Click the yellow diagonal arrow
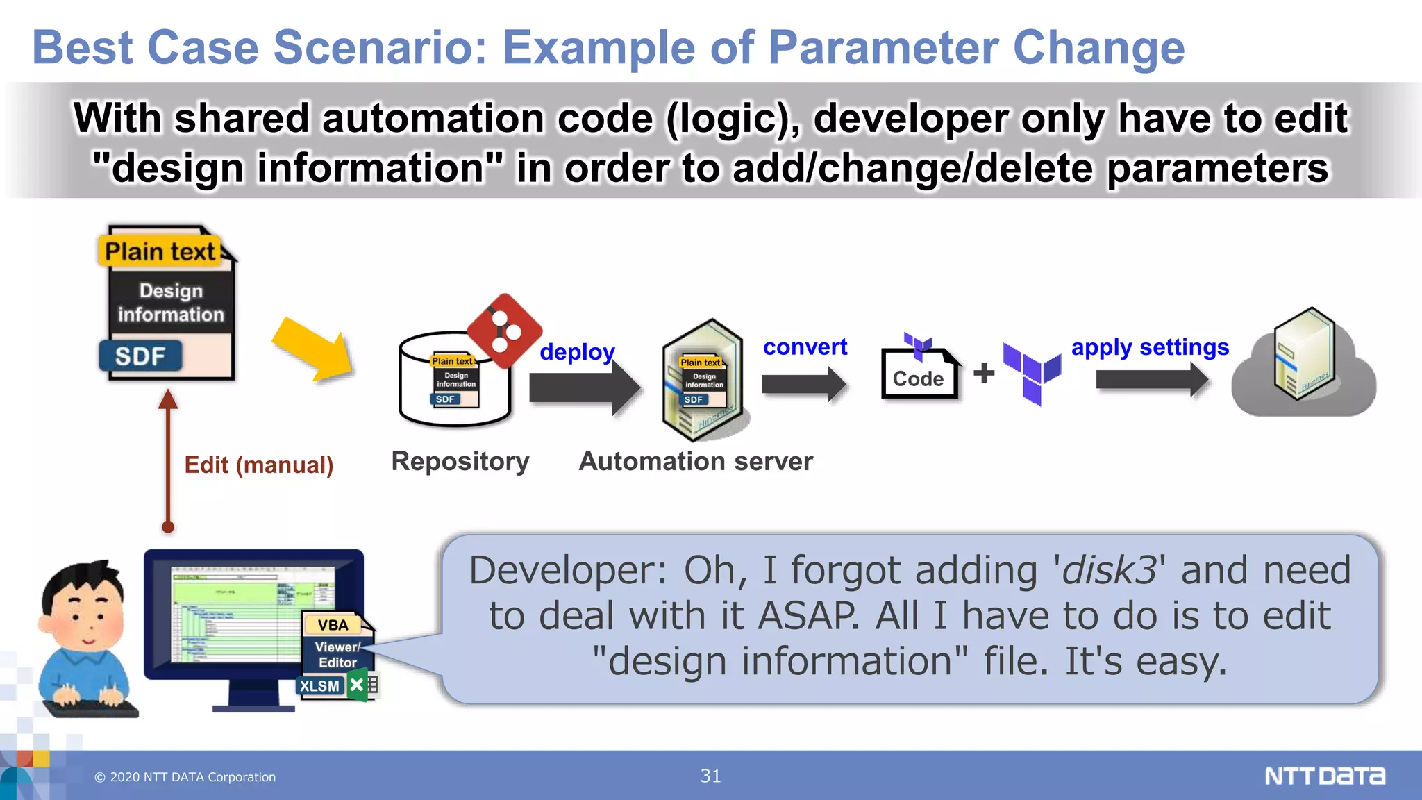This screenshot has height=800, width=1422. point(314,349)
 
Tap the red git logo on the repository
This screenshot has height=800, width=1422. point(505,331)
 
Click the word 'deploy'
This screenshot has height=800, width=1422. point(577,351)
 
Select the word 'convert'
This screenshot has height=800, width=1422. point(805,347)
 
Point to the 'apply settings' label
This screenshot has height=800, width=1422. point(1150,347)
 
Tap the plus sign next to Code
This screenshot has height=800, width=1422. point(983,373)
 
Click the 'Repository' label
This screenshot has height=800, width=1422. point(460,462)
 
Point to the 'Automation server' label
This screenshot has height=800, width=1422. point(696,462)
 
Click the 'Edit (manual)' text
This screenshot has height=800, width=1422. point(259,465)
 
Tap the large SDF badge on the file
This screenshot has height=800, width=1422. point(140,356)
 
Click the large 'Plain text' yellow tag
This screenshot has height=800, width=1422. point(160,251)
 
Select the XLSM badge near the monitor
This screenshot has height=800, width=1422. point(320,686)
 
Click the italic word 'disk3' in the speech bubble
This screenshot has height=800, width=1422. point(1110,570)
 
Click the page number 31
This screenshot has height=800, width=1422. point(710,776)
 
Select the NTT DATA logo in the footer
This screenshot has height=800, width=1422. point(1325,776)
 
